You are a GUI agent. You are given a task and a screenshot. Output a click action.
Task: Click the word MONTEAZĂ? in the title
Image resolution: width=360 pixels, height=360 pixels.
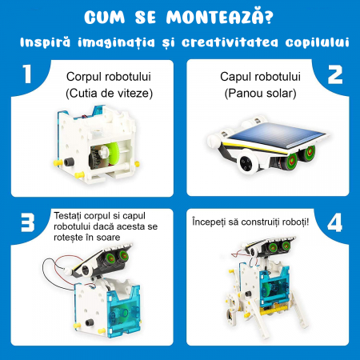point(220,18)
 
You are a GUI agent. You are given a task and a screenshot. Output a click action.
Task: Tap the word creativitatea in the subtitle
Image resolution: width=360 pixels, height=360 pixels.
point(230,42)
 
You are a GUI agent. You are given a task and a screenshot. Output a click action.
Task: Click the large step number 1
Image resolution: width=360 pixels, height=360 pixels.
point(27,74)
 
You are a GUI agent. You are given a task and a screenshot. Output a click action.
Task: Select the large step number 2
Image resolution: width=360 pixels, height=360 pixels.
point(335,75)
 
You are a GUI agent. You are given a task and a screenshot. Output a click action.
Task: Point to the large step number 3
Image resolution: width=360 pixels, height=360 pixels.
point(28,223)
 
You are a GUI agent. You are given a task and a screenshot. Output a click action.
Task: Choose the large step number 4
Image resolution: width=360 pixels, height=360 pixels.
point(334,223)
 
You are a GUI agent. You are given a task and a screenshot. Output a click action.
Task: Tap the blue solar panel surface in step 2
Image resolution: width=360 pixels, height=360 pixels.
point(276,136)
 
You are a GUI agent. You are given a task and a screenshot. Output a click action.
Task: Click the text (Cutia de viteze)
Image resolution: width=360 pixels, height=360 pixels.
point(109,94)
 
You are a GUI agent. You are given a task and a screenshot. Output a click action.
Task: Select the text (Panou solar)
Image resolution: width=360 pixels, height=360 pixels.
point(260,94)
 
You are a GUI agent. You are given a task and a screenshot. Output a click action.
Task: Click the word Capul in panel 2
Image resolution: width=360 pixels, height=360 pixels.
point(234,77)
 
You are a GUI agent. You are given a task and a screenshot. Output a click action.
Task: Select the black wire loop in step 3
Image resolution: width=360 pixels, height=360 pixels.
point(58,274)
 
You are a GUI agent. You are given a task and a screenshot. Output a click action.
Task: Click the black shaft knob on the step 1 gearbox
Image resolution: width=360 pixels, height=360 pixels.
point(69,162)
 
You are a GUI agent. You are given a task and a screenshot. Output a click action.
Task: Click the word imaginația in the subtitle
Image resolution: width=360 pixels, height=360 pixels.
point(117,43)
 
